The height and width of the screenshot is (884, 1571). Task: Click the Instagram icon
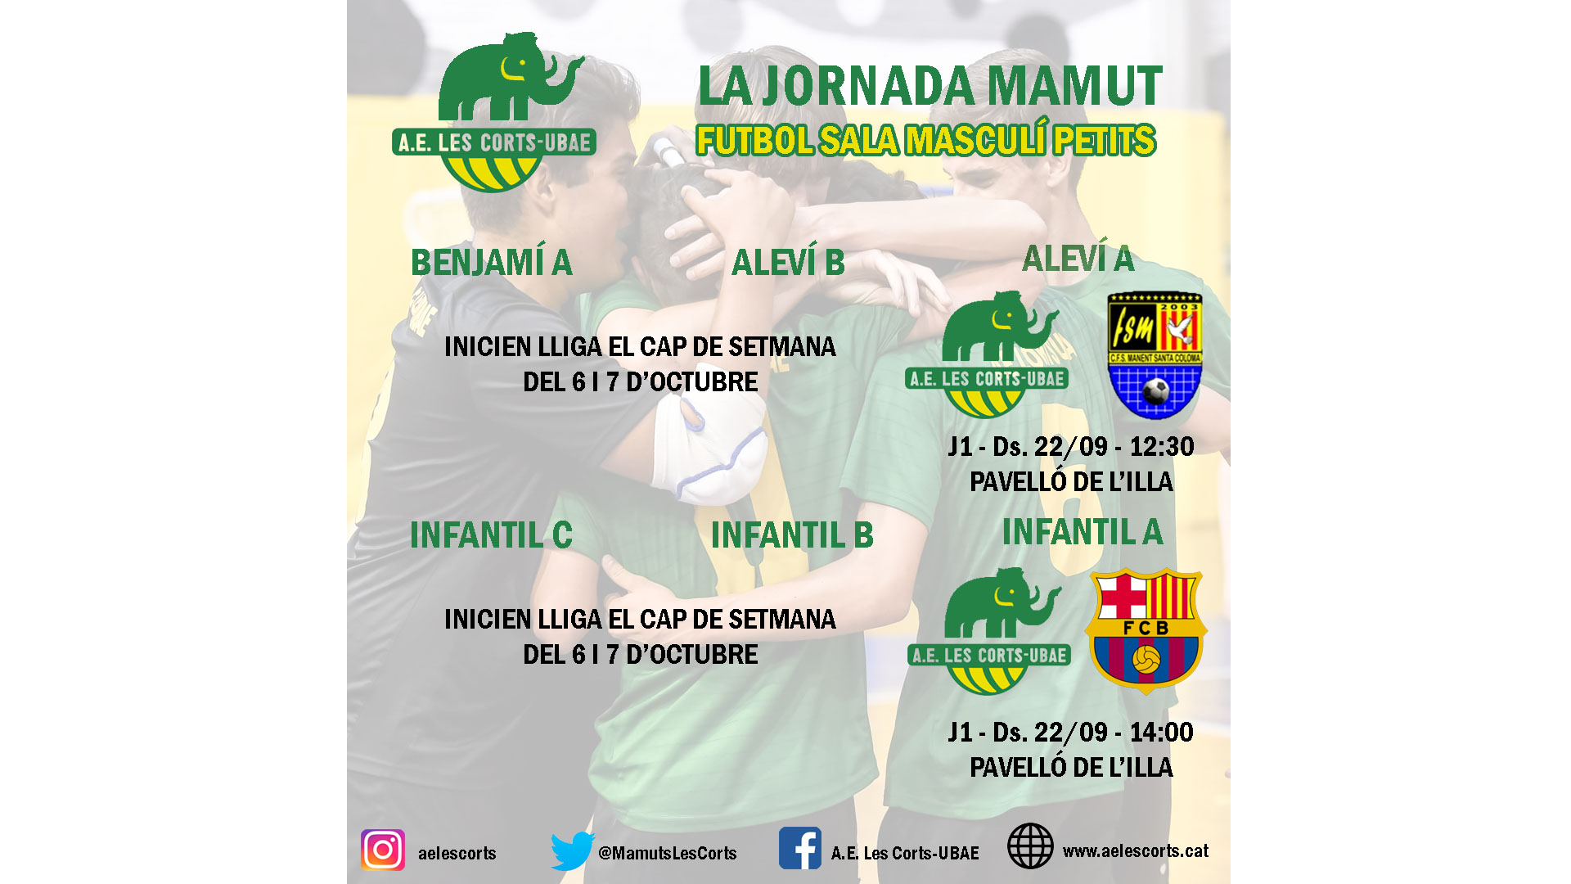tap(383, 850)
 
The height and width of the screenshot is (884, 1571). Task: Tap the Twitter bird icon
tap(573, 851)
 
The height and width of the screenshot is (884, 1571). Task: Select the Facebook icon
tap(800, 848)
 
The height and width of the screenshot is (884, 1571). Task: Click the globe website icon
tap(1030, 846)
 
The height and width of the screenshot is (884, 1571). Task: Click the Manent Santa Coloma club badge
tap(1155, 355)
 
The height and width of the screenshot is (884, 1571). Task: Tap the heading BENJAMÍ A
tap(491, 263)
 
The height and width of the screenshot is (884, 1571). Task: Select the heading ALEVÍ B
tap(788, 263)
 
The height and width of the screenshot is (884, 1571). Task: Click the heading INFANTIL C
tap(491, 535)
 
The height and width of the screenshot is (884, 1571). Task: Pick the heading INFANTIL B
tap(792, 535)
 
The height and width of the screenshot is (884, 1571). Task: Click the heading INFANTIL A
tap(1083, 532)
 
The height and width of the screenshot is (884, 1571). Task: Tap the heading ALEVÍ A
tap(1078, 259)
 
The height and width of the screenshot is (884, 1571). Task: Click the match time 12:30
tap(1162, 447)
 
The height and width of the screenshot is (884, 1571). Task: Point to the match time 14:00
tap(1162, 733)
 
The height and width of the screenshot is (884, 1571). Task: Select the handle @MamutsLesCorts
tap(668, 853)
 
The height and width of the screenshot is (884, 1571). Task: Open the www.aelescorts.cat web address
tap(1136, 851)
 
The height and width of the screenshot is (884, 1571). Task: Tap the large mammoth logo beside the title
tap(494, 112)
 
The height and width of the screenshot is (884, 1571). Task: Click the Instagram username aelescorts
tap(457, 853)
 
